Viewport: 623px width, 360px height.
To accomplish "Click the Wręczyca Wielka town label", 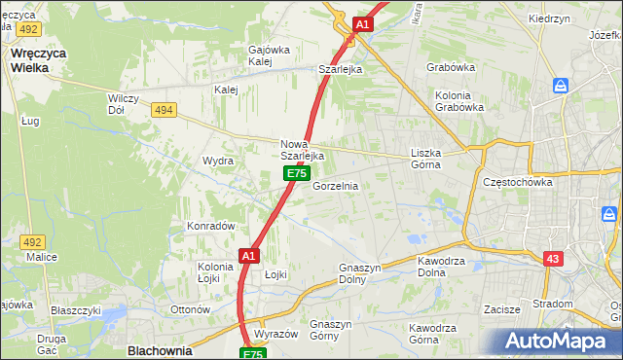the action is [37, 60].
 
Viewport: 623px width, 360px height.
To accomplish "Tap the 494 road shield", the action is [164, 111].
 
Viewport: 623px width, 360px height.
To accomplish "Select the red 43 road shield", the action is [553, 258].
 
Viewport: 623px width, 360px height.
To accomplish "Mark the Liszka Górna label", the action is [426, 159].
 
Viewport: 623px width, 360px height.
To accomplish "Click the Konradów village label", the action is [212, 226].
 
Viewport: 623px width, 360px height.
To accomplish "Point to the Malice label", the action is [42, 257].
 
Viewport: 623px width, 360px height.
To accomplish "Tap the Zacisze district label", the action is [501, 309].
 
